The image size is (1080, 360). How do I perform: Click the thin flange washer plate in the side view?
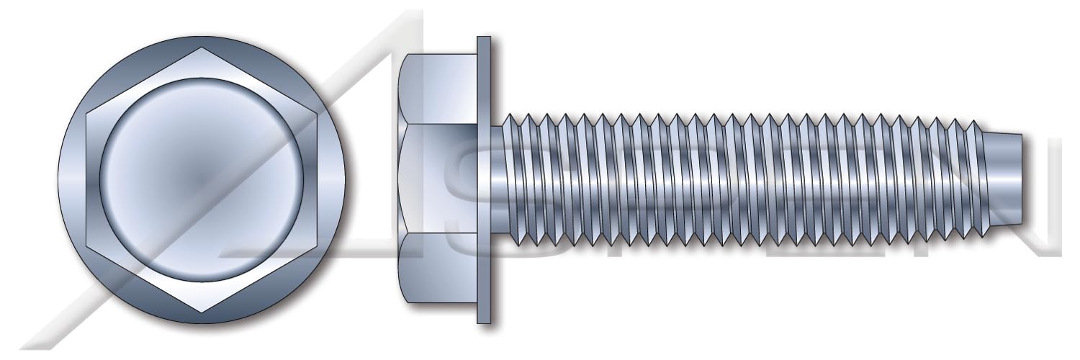click(x=483, y=180)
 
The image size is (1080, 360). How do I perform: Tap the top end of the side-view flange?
click(x=483, y=37)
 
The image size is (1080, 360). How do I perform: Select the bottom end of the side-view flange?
click(x=483, y=323)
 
